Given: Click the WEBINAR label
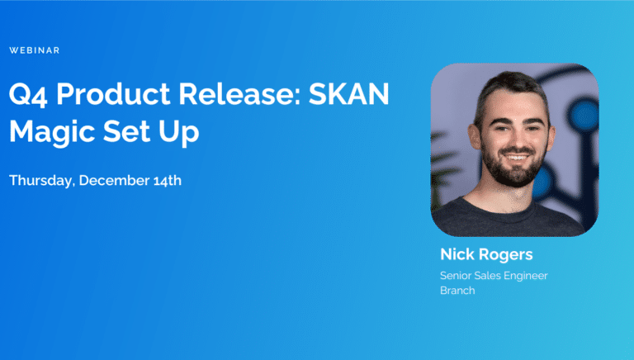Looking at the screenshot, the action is point(35,50).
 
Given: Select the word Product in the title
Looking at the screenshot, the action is point(113,94).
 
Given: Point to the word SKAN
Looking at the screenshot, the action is point(349,94).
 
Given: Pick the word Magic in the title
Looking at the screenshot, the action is point(52,132).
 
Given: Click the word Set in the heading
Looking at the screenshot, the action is point(127,131).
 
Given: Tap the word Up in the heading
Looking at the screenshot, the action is point(178,132).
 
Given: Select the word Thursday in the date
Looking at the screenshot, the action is point(42,181).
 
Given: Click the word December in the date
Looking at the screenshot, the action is point(114,180).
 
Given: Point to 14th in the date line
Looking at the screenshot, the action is point(168,180).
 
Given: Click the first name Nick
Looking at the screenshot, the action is point(457,254).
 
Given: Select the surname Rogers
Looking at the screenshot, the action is point(506,255).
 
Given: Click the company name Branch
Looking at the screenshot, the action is point(457,291).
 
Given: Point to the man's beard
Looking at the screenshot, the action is point(513,170).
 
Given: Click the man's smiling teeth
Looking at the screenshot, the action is point(515,157).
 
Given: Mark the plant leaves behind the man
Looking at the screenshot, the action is point(444,170).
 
